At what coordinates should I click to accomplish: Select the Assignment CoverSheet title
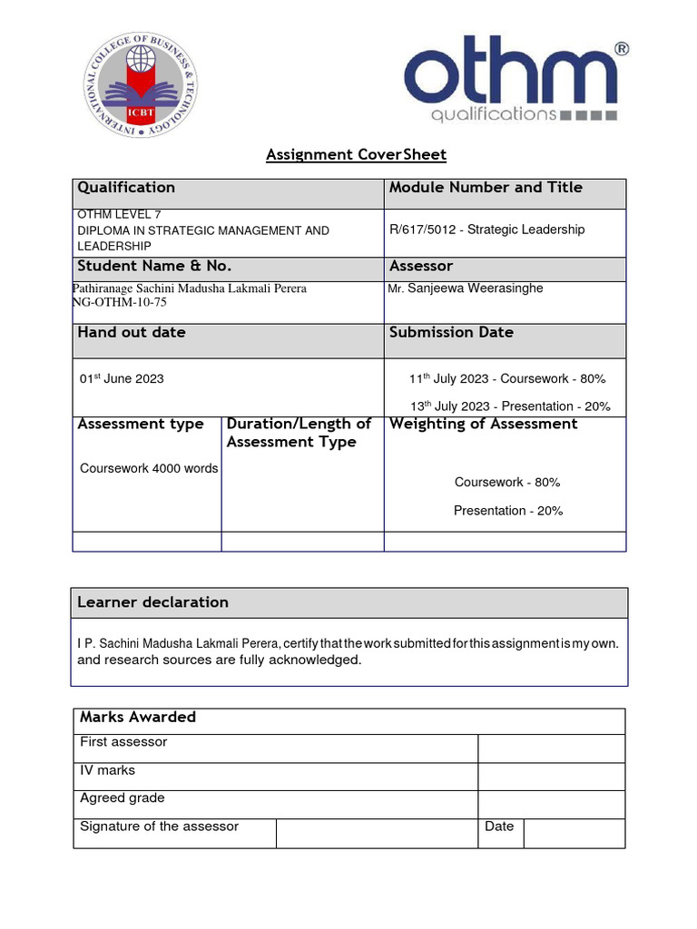pos(356,154)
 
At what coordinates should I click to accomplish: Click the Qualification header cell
pos(126,188)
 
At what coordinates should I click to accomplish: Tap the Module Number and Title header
pos(486,188)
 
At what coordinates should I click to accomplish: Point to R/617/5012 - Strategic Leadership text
pos(486,230)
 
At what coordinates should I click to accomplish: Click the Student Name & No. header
pos(154,267)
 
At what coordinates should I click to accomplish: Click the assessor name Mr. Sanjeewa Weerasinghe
pos(466,288)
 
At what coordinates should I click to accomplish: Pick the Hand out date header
pos(132,333)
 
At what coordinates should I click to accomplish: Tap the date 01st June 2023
pos(122,378)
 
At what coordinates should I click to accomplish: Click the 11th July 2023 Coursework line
pos(507,378)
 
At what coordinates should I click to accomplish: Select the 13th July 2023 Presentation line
pos(509,406)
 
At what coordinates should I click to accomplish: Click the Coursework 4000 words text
pos(149,469)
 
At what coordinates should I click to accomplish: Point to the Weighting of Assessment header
pos(483,425)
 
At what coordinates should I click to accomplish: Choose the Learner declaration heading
pos(152,602)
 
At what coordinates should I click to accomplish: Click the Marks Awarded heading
pos(138,718)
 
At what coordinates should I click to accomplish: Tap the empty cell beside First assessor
pos(551,748)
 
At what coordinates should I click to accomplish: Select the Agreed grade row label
pos(123,798)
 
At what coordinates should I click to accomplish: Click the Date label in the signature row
pos(499,826)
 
